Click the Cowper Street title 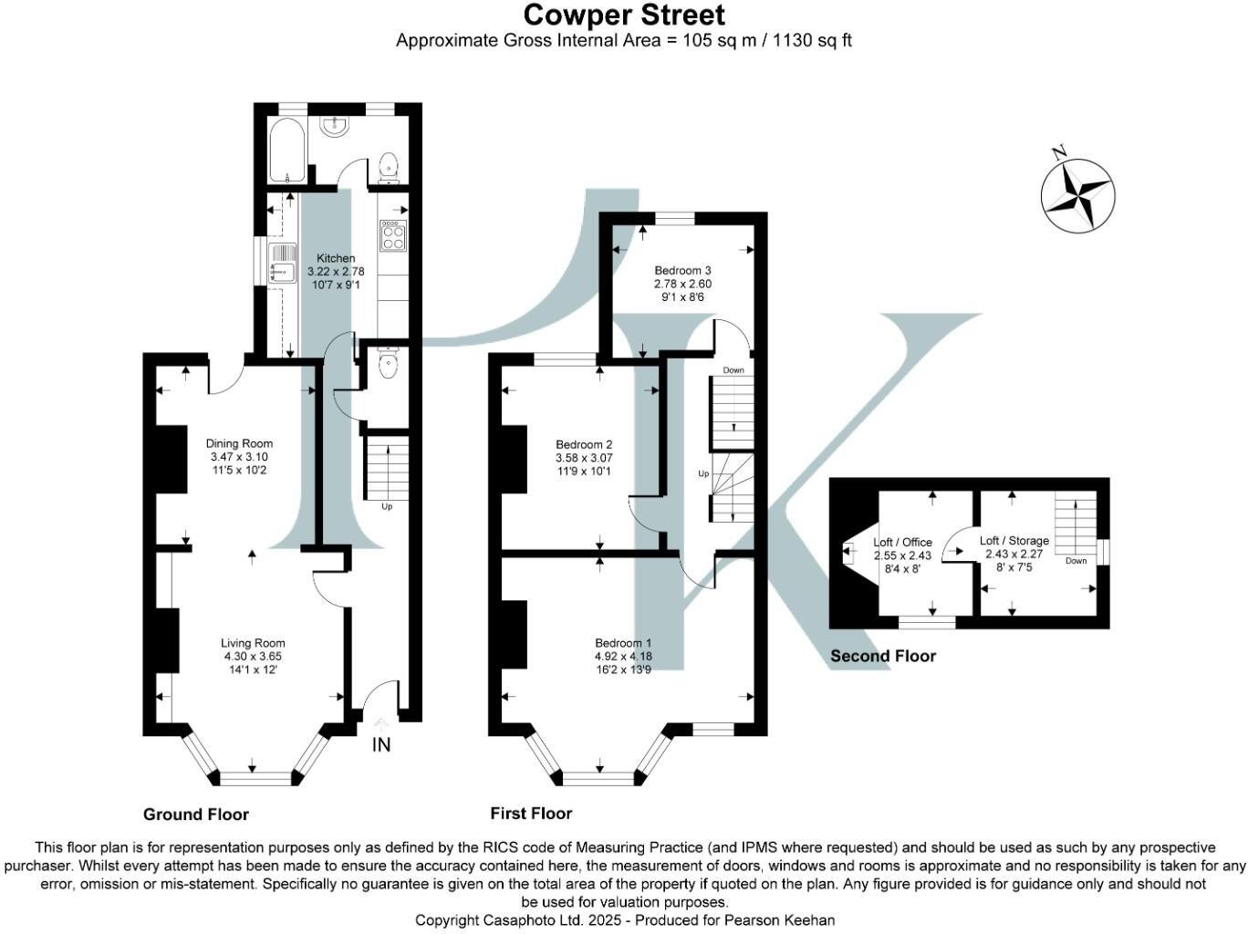[x=624, y=15]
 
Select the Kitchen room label [x=335, y=259]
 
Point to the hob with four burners [x=394, y=235]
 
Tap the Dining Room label [x=239, y=444]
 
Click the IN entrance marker [x=381, y=745]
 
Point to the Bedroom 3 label [x=682, y=271]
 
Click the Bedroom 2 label [x=584, y=445]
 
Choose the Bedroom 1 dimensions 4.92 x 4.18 [x=623, y=656]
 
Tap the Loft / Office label [x=903, y=543]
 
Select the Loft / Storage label [x=1014, y=541]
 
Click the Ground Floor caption [x=196, y=815]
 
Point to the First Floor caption [x=531, y=814]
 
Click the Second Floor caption [x=883, y=656]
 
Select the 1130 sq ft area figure [x=812, y=40]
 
